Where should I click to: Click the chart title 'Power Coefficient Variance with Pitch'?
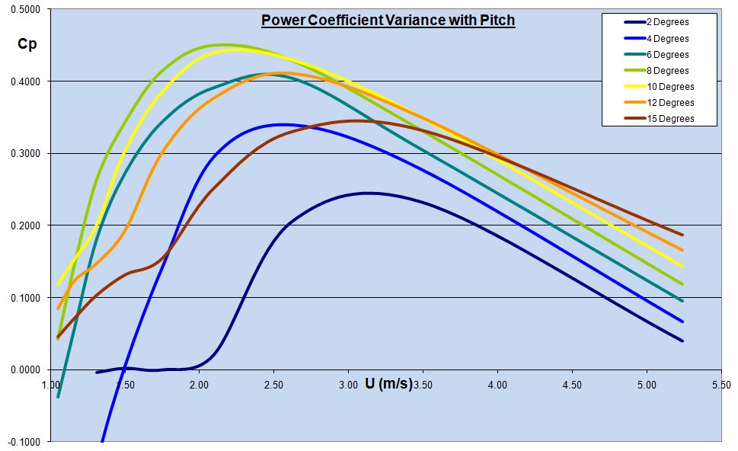(x=388, y=21)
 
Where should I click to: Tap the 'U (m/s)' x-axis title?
(x=388, y=383)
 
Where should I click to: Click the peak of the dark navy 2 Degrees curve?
(x=368, y=193)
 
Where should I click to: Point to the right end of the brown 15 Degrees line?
(x=682, y=235)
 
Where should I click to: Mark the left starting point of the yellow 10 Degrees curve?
(x=58, y=285)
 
